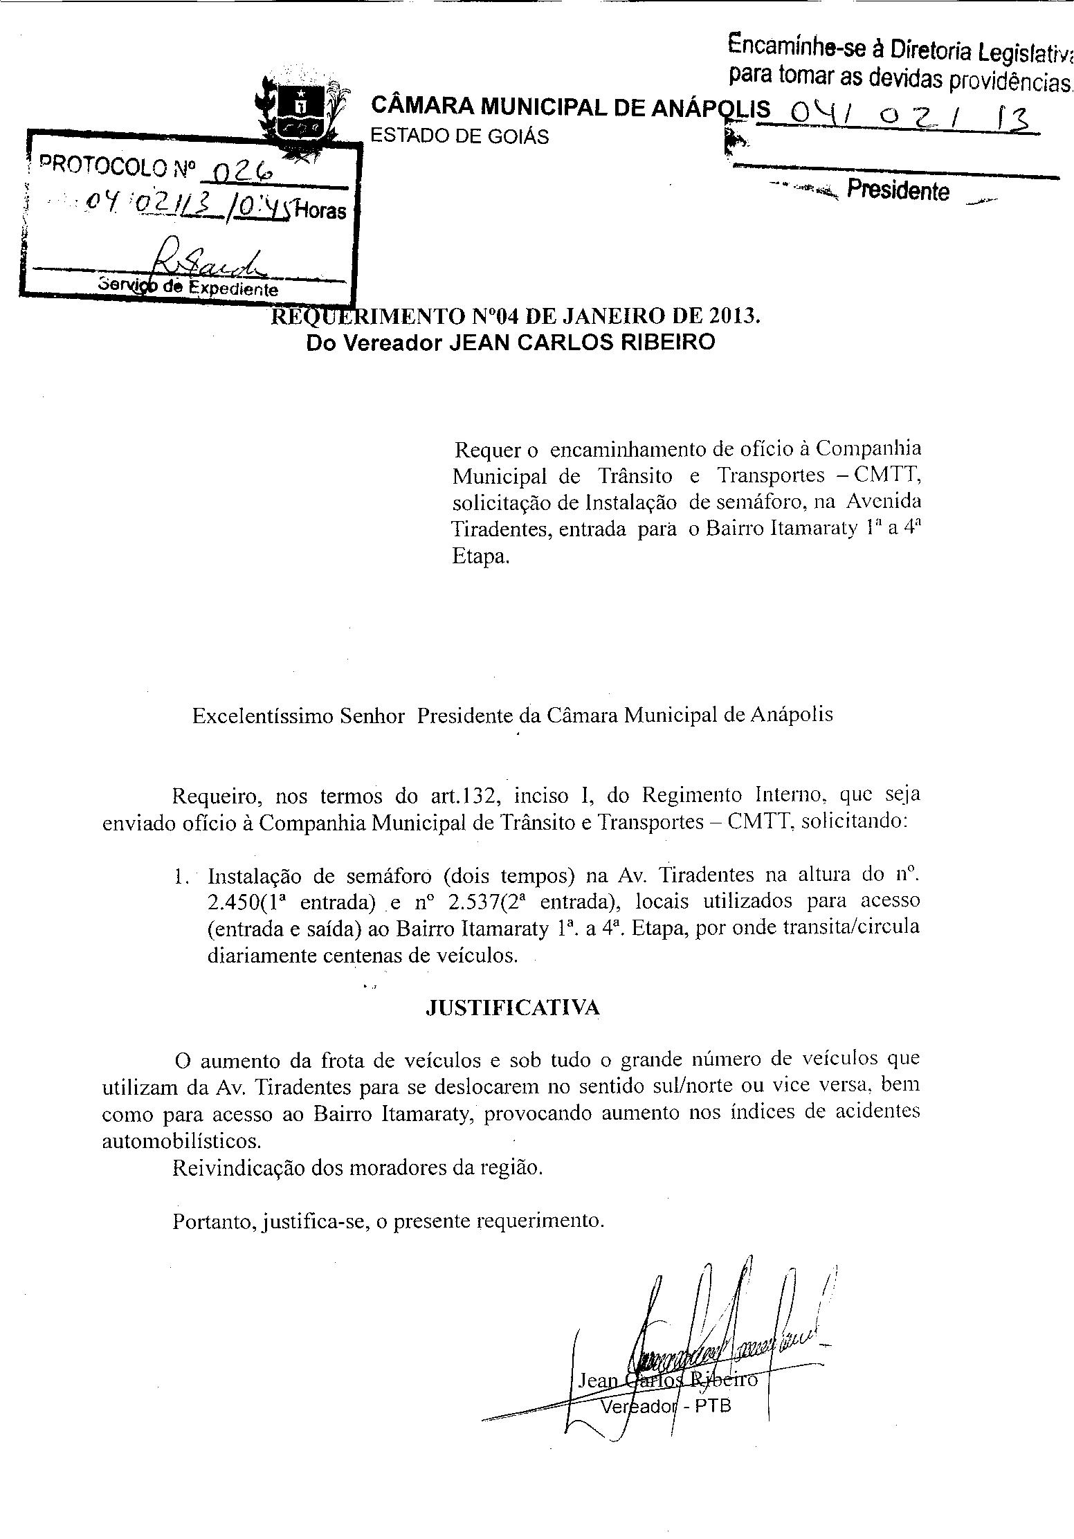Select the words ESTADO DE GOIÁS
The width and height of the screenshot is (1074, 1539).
point(459,136)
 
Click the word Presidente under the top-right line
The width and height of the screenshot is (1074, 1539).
point(898,190)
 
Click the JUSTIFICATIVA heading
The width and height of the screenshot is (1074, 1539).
point(512,1008)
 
